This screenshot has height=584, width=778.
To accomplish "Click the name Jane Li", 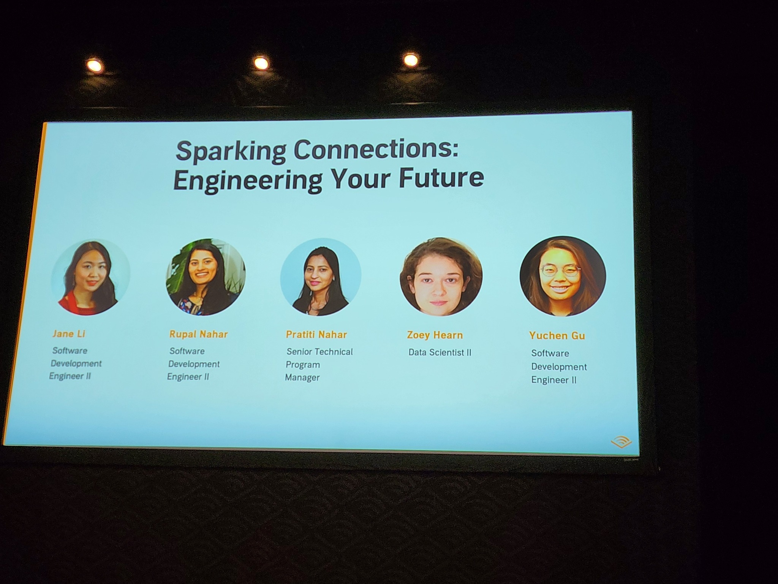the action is pyautogui.click(x=69, y=334).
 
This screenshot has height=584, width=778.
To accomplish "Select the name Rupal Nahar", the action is pyautogui.click(x=198, y=335).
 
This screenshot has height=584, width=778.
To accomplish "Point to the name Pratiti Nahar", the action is pyautogui.click(x=316, y=335).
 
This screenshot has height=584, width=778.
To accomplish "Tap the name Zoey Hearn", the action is pyautogui.click(x=435, y=335).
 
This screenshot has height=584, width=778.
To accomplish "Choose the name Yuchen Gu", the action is pyautogui.click(x=557, y=336).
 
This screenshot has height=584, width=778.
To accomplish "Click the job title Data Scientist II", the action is pyautogui.click(x=440, y=352).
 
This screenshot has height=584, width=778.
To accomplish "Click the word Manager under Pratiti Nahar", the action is pyautogui.click(x=302, y=378).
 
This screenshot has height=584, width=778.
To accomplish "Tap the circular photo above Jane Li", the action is pyautogui.click(x=91, y=277).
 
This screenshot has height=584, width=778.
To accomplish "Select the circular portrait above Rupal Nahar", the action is pyautogui.click(x=206, y=277).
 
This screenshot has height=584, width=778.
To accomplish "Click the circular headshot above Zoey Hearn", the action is pyautogui.click(x=441, y=277).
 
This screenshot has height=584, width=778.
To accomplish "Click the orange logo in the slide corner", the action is pyautogui.click(x=621, y=443).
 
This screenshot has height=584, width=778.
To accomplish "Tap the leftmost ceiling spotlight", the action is pyautogui.click(x=94, y=66).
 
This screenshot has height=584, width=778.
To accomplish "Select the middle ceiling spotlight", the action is pyautogui.click(x=261, y=63).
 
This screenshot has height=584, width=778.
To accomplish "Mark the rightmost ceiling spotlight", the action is pyautogui.click(x=410, y=60).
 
